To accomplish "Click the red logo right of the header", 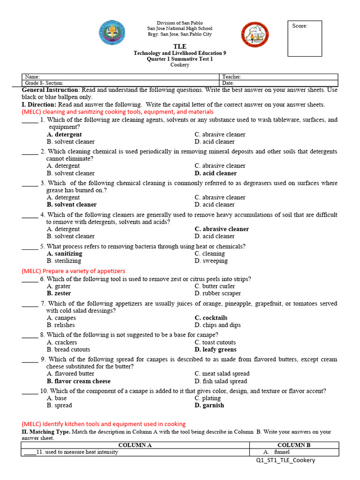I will [255, 35].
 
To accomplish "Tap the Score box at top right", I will [305, 38].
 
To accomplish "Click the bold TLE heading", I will [180, 46].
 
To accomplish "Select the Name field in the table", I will [120, 77].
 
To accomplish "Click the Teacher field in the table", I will [278, 77].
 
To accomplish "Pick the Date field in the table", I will [278, 83].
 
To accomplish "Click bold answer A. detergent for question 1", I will [64, 135].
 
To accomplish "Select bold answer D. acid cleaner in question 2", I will [216, 173].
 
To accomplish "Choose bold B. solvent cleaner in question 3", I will [72, 204].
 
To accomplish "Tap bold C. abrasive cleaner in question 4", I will [222, 229].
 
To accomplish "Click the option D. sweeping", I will [211, 261].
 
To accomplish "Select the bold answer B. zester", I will [59, 293].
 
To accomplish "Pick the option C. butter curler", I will [215, 286].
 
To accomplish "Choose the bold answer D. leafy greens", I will [216, 349].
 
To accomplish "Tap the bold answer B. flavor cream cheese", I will [79, 381].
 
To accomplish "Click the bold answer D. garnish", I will [210, 405].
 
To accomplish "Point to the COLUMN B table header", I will [294, 445].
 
